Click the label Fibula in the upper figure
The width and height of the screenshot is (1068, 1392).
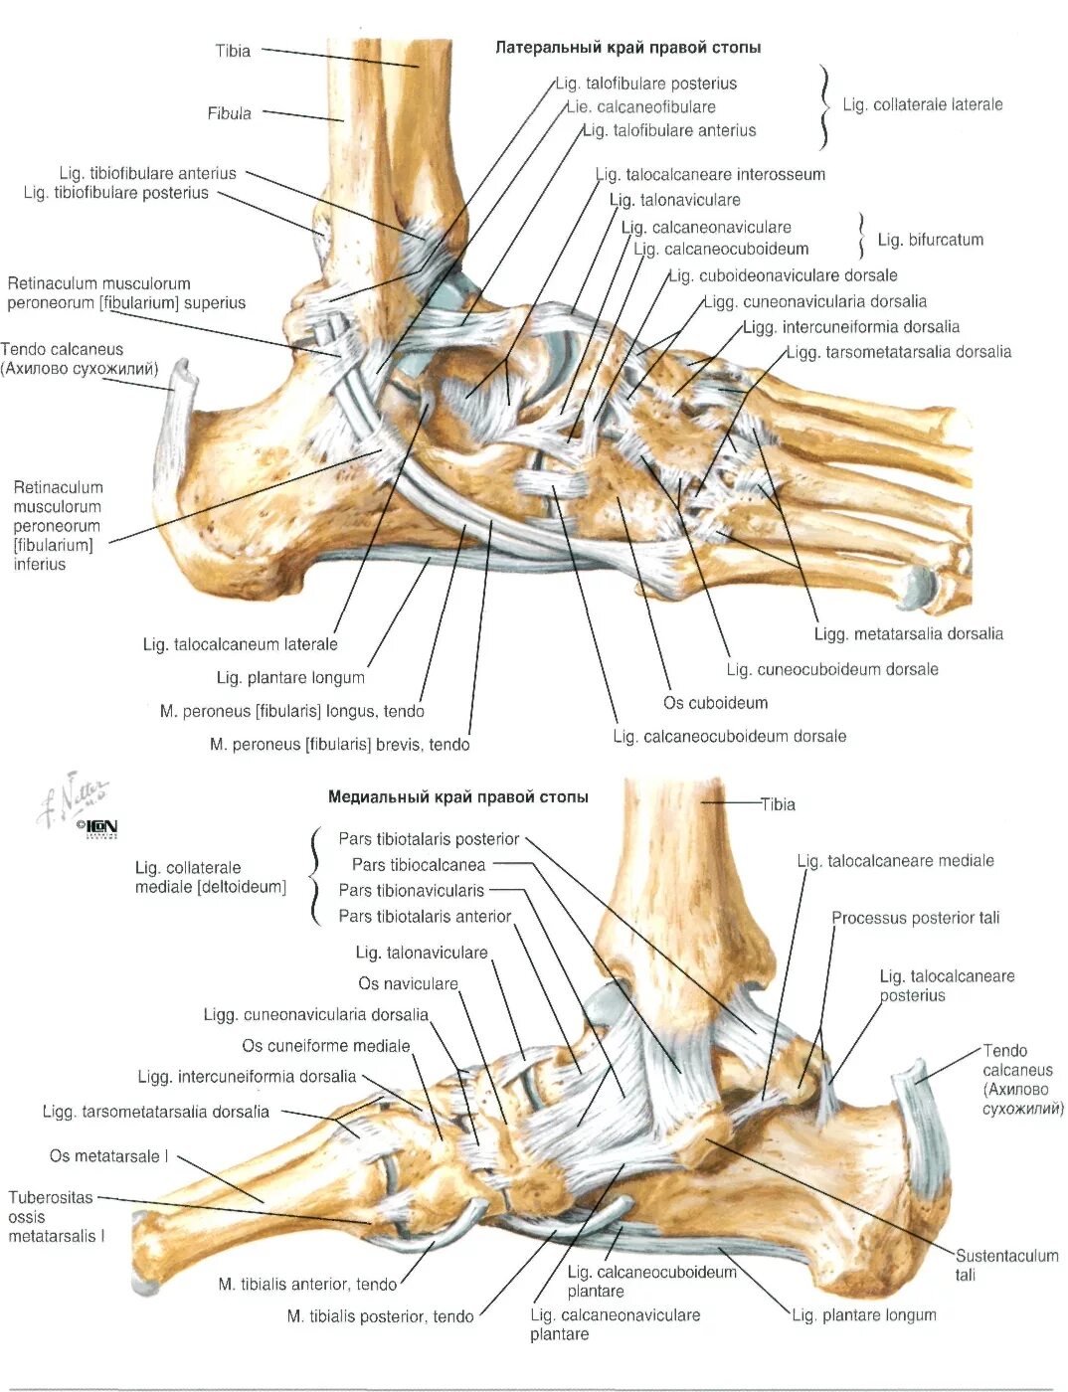(x=229, y=113)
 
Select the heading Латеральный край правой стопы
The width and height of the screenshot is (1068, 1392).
(x=627, y=48)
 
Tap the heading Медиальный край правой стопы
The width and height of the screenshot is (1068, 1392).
(x=457, y=796)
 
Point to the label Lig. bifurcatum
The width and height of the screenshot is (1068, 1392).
(x=930, y=240)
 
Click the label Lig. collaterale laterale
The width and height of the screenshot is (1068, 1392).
(x=922, y=104)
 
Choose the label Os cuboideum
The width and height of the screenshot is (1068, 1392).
(x=715, y=703)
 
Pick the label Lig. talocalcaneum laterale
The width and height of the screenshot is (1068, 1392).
(x=240, y=644)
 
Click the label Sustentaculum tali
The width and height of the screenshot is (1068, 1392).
(x=1005, y=1265)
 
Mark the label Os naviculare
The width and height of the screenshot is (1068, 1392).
(x=408, y=983)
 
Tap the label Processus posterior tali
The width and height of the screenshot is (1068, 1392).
(x=915, y=918)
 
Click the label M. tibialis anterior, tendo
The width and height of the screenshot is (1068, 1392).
(x=307, y=1284)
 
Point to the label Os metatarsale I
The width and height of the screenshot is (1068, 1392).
(x=109, y=1156)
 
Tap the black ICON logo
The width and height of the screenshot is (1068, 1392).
(x=100, y=826)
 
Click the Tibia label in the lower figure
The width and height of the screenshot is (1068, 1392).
(x=778, y=804)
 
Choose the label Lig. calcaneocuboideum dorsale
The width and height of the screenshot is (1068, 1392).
(x=729, y=736)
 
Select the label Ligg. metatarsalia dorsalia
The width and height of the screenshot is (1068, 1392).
(x=908, y=634)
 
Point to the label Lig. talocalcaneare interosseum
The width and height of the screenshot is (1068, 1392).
(x=710, y=175)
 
